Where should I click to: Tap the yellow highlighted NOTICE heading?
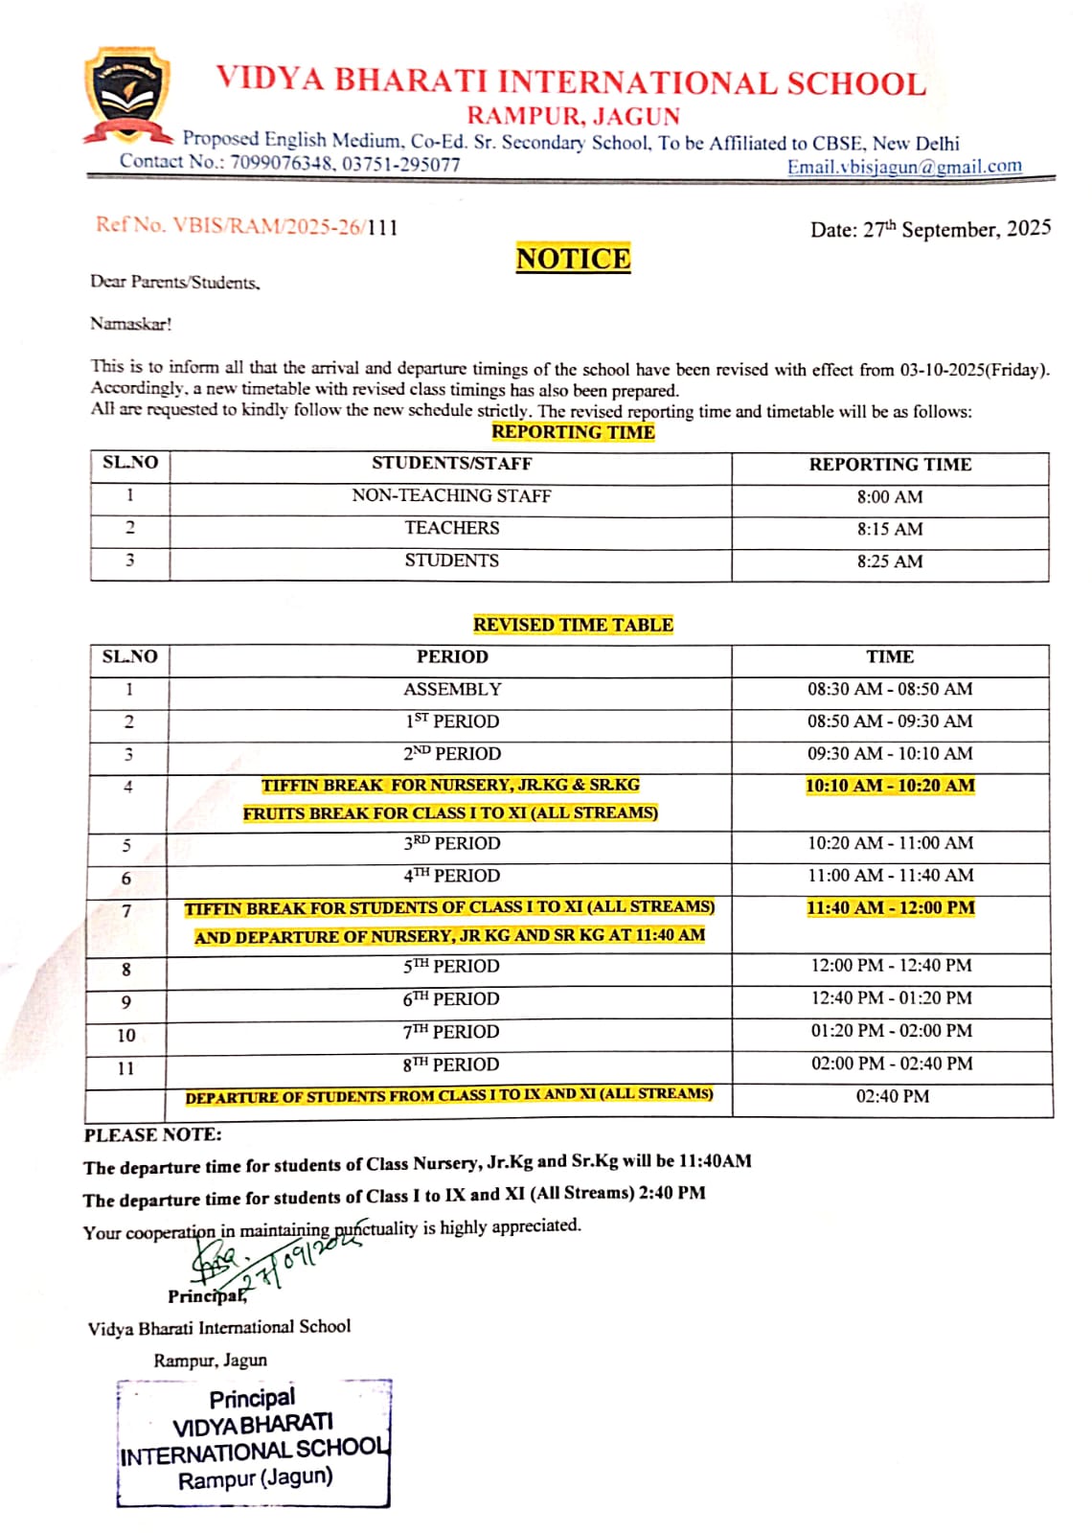(x=573, y=259)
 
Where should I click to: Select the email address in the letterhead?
(x=903, y=167)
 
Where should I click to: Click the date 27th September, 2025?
(x=930, y=230)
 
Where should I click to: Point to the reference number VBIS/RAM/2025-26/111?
(x=246, y=227)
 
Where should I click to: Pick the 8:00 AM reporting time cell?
(x=889, y=497)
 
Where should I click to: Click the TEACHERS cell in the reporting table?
(x=451, y=528)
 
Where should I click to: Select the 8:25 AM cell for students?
(x=889, y=561)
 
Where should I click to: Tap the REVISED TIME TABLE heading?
(x=573, y=625)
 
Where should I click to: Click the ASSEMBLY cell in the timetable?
(x=451, y=689)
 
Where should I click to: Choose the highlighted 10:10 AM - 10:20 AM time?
(x=889, y=786)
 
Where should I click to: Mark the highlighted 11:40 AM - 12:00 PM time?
(x=890, y=907)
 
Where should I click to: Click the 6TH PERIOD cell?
(x=451, y=998)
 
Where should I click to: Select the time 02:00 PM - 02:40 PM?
(x=891, y=1064)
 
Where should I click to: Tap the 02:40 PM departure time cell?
(x=892, y=1096)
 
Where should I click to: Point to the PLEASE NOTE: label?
(x=152, y=1135)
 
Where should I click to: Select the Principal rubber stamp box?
(x=254, y=1442)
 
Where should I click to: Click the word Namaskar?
(x=131, y=324)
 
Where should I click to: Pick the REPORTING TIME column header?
(x=889, y=465)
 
